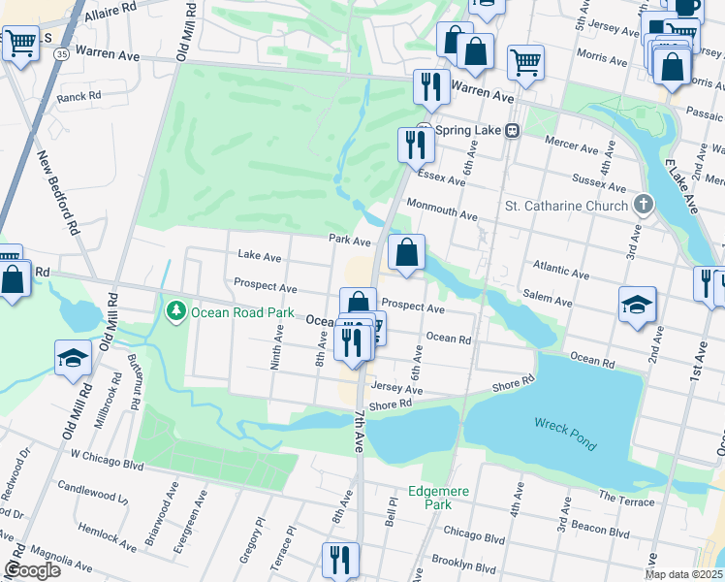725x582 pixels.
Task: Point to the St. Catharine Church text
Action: (x=567, y=206)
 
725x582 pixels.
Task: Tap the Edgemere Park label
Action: (x=438, y=498)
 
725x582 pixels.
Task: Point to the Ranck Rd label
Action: (x=79, y=97)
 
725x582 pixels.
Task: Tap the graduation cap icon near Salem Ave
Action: (x=636, y=304)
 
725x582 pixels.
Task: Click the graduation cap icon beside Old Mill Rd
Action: (x=74, y=358)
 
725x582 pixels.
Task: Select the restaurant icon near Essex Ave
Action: (x=416, y=145)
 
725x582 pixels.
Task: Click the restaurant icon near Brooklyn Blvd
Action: (x=340, y=560)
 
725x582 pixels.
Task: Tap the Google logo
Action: (x=32, y=569)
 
